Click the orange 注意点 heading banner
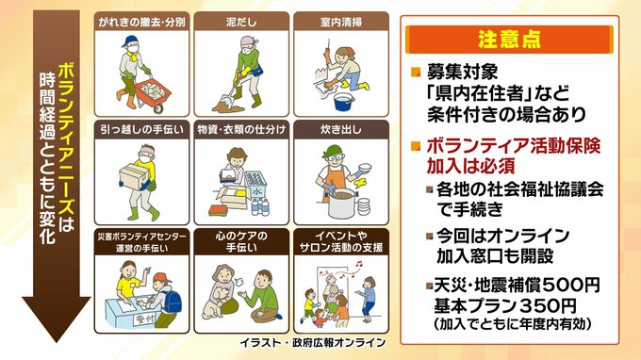509,40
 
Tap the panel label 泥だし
241,22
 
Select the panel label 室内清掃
341,22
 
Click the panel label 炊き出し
341,129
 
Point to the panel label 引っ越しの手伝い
141,129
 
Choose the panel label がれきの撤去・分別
141,22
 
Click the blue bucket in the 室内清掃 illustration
343,102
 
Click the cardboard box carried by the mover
134,175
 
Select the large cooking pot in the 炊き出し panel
342,203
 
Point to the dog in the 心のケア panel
214,303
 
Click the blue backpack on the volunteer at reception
173,302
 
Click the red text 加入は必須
470,166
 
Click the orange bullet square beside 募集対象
416,73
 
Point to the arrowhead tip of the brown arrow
56,341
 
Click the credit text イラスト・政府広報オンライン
313,342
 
